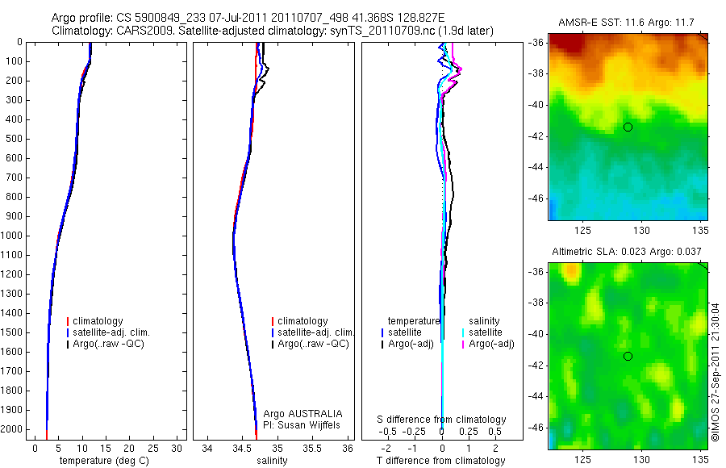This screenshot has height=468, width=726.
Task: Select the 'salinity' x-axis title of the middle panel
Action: point(271,461)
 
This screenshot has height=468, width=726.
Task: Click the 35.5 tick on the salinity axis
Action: point(312,447)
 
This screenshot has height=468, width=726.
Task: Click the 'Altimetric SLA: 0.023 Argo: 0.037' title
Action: point(626,253)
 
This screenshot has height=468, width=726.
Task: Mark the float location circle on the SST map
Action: point(628,127)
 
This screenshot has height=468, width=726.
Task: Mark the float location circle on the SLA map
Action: point(628,356)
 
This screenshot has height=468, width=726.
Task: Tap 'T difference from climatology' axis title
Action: point(440,461)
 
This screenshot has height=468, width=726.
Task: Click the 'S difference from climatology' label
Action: point(442,420)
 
